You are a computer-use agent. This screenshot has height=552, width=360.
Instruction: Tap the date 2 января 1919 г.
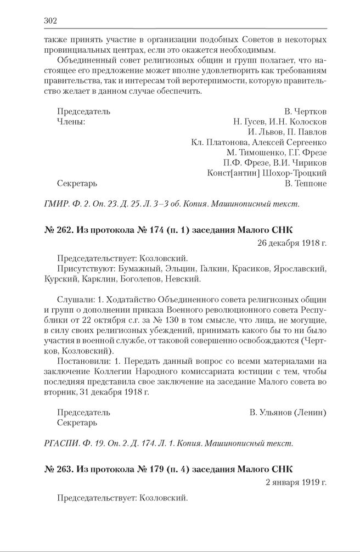tap(295, 483)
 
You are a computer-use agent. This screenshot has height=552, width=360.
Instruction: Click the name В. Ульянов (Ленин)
tap(288, 412)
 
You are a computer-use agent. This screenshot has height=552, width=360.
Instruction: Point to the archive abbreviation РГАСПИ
tap(59, 443)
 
